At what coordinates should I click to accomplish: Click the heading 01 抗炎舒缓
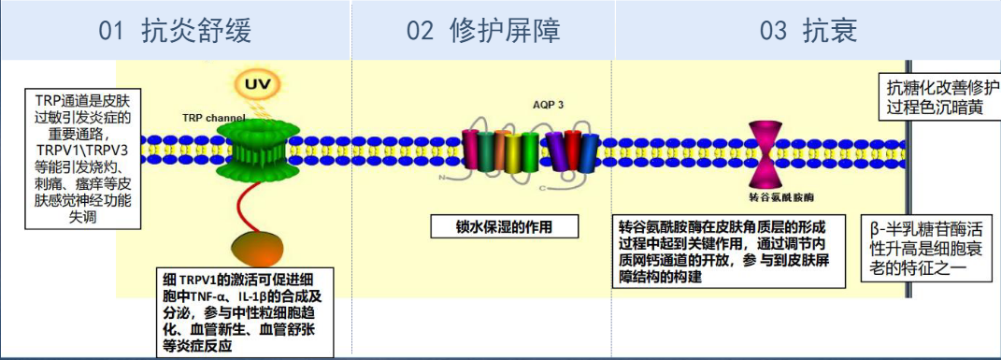pyautogui.click(x=175, y=31)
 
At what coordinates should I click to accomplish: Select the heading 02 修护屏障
pyautogui.click(x=483, y=31)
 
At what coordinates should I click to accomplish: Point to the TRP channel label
pyautogui.click(x=214, y=119)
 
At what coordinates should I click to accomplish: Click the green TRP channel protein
pyautogui.click(x=253, y=150)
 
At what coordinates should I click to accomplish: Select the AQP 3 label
pyautogui.click(x=548, y=105)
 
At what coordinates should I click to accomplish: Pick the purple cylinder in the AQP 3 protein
pyautogui.click(x=557, y=150)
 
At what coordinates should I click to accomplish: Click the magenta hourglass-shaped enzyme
pyautogui.click(x=768, y=151)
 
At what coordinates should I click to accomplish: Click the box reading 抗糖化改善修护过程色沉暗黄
pyautogui.click(x=941, y=97)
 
